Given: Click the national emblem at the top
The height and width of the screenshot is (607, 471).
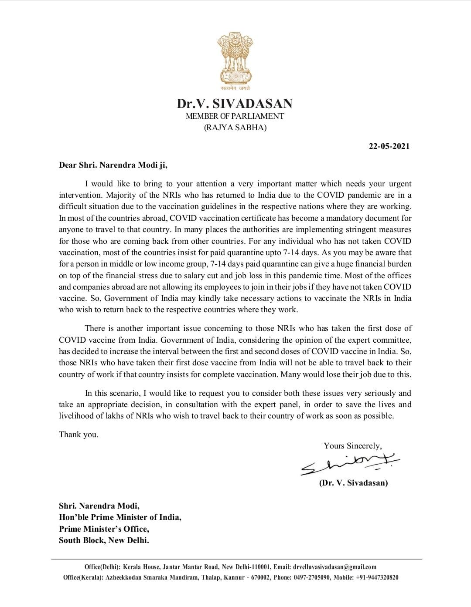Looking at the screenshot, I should click(x=235, y=59).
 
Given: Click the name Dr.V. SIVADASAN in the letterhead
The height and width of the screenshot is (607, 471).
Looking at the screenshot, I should click(x=235, y=104).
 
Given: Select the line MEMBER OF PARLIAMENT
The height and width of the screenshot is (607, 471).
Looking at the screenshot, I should click(x=235, y=116).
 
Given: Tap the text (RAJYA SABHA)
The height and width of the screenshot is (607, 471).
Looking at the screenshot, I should click(x=235, y=128).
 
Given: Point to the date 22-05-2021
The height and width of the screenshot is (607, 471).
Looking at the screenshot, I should click(x=389, y=146).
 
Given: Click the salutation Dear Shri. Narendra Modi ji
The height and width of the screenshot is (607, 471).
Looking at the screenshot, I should click(x=113, y=165).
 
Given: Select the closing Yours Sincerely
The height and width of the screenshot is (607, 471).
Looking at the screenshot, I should click(x=352, y=445).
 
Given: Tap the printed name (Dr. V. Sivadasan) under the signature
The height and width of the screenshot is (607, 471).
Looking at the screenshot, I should click(x=353, y=482).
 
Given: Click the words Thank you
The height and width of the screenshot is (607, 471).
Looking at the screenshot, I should click(x=78, y=435).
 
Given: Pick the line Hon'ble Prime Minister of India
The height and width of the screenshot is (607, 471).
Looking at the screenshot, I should click(x=120, y=517).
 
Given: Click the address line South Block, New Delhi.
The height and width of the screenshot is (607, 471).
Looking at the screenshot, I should click(x=104, y=540).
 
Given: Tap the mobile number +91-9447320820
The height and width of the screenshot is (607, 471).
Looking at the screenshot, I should click(x=376, y=577).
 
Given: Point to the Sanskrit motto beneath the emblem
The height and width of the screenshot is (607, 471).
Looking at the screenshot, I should click(x=235, y=88).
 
